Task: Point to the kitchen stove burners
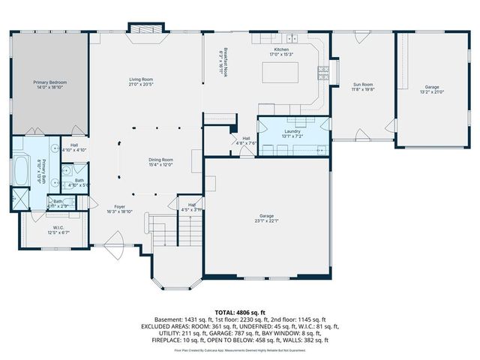tap(323, 73)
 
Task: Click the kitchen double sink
tap(291, 38)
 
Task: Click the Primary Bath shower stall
tap(18, 199)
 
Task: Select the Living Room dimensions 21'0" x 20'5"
tap(141, 84)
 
